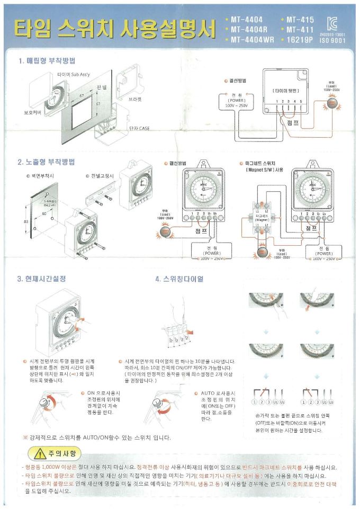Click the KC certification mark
coord(332,23)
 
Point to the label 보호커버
coord(33,113)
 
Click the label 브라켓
coord(137,99)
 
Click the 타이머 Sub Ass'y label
coord(75,75)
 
